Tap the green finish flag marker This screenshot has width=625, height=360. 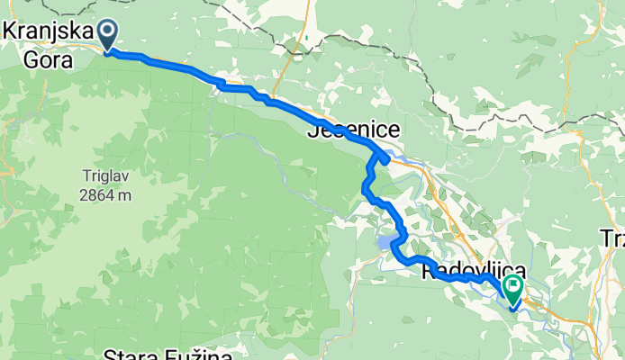tap(514, 289)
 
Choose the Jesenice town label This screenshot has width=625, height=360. tap(354, 131)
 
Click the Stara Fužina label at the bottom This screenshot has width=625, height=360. tap(168, 354)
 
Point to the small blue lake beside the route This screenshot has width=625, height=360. tap(385, 242)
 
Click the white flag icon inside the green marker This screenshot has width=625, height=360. tap(514, 284)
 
